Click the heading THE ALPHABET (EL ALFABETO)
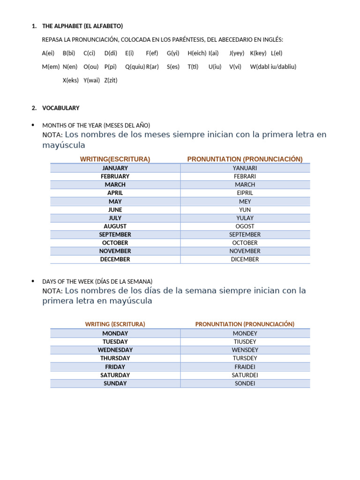pos(82,26)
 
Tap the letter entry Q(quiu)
pos(135,67)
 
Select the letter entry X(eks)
pos(70,80)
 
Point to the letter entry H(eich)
pos(197,53)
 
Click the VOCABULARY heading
pos(61,108)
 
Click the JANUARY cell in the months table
pos(115,168)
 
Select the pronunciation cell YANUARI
pos(245,168)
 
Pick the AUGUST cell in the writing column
pos(115,226)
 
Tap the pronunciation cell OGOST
pos(245,226)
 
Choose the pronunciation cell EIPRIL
pos(245,193)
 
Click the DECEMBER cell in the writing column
pos(115,259)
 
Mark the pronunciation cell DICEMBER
pos(245,259)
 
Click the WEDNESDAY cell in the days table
pos(115,350)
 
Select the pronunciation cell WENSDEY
pos(245,350)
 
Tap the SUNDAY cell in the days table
pos(115,383)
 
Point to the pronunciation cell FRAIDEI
pos(245,367)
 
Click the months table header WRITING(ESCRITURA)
pos(115,159)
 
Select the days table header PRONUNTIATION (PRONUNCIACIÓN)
pos(245,324)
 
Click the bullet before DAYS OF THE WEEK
pos(32,281)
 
